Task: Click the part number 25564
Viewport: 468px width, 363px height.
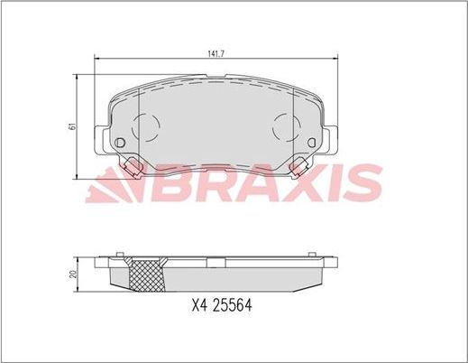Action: pos(231,306)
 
